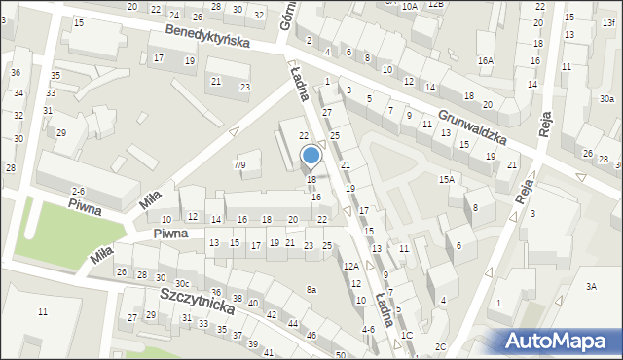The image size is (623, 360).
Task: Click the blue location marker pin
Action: [x=311, y=157]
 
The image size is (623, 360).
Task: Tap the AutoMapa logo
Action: [x=559, y=341]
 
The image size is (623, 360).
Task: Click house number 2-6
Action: [x=78, y=191]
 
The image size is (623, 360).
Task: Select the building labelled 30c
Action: [x=182, y=283]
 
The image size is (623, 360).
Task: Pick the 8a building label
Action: [x=311, y=290]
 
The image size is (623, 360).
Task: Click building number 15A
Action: [x=446, y=179]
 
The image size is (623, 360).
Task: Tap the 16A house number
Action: [x=485, y=60]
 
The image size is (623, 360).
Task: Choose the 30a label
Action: [x=606, y=99]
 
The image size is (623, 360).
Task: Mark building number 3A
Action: [x=590, y=286]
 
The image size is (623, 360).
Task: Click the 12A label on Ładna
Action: [x=350, y=266]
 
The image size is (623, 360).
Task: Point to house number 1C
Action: [x=407, y=335]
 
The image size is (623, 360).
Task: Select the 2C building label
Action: [x=440, y=346]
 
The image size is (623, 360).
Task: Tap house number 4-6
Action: [x=367, y=330]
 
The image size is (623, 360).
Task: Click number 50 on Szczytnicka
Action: [x=340, y=354]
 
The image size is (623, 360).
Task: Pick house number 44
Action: [x=293, y=323]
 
